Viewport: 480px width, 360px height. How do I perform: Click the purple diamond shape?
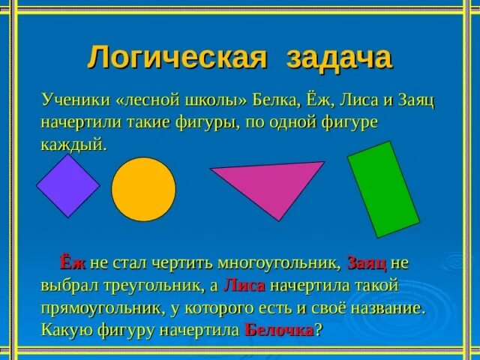tap(67, 186)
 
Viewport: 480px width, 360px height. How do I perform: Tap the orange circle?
tap(143, 190)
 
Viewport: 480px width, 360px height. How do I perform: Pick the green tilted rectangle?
tap(382, 189)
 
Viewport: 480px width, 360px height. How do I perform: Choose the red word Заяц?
tap(367, 262)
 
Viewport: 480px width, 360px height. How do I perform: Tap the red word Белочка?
tap(280, 331)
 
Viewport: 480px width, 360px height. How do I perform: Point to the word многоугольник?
tap(280, 262)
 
